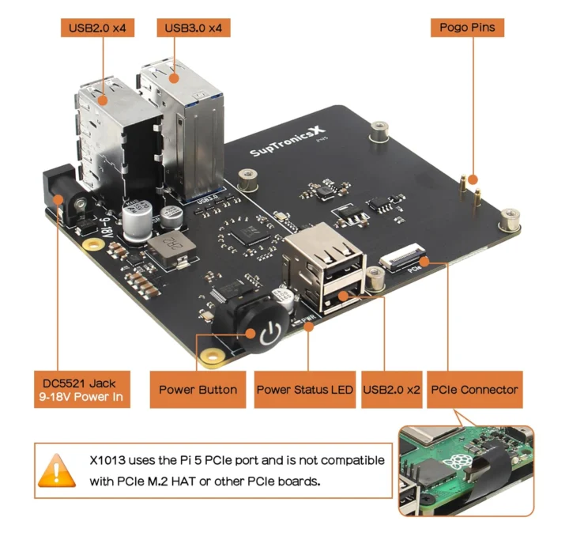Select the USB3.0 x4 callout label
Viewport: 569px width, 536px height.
tap(194, 28)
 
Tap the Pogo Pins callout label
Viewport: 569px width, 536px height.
tap(468, 28)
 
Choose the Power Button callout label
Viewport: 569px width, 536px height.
tap(198, 389)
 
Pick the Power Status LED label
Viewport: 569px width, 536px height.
tap(304, 389)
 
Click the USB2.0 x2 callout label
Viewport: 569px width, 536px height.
tap(391, 389)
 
